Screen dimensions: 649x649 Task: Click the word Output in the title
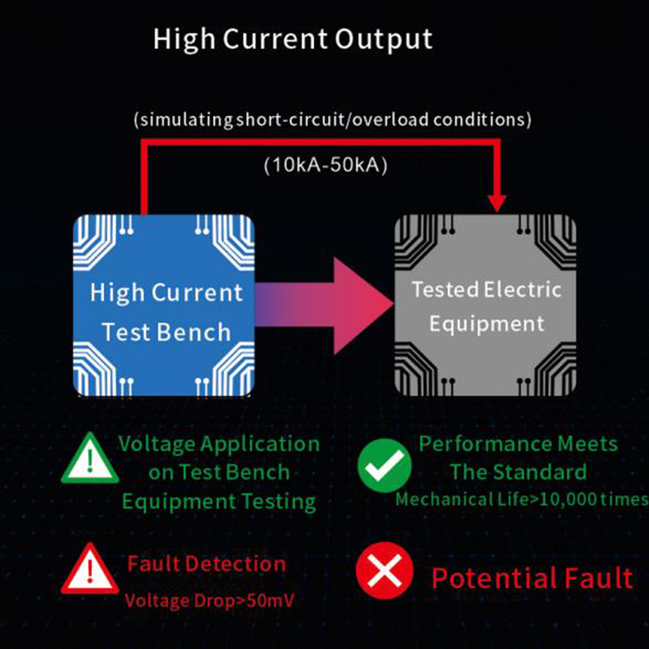[x=384, y=40]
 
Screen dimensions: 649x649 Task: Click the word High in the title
[x=184, y=39]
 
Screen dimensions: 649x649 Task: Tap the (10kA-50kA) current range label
[x=326, y=165]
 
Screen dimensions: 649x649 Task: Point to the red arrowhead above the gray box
[x=497, y=204]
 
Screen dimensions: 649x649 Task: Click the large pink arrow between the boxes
[x=324, y=306]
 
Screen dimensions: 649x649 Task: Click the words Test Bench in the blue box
[x=166, y=332]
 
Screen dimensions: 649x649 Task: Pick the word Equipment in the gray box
[x=486, y=324]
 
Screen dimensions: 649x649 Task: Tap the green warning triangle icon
[x=90, y=458]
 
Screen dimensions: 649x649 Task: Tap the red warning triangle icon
[x=90, y=569]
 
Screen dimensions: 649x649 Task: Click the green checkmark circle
[x=385, y=466]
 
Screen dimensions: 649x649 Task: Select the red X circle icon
[x=385, y=571]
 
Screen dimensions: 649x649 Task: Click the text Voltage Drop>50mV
[x=209, y=600]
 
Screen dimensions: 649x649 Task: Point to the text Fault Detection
[x=207, y=564]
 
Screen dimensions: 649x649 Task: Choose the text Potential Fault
[x=532, y=578]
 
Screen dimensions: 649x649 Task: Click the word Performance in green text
[x=485, y=444]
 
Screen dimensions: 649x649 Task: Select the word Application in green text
[x=260, y=445]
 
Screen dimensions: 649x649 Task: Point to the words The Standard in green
[x=518, y=472]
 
